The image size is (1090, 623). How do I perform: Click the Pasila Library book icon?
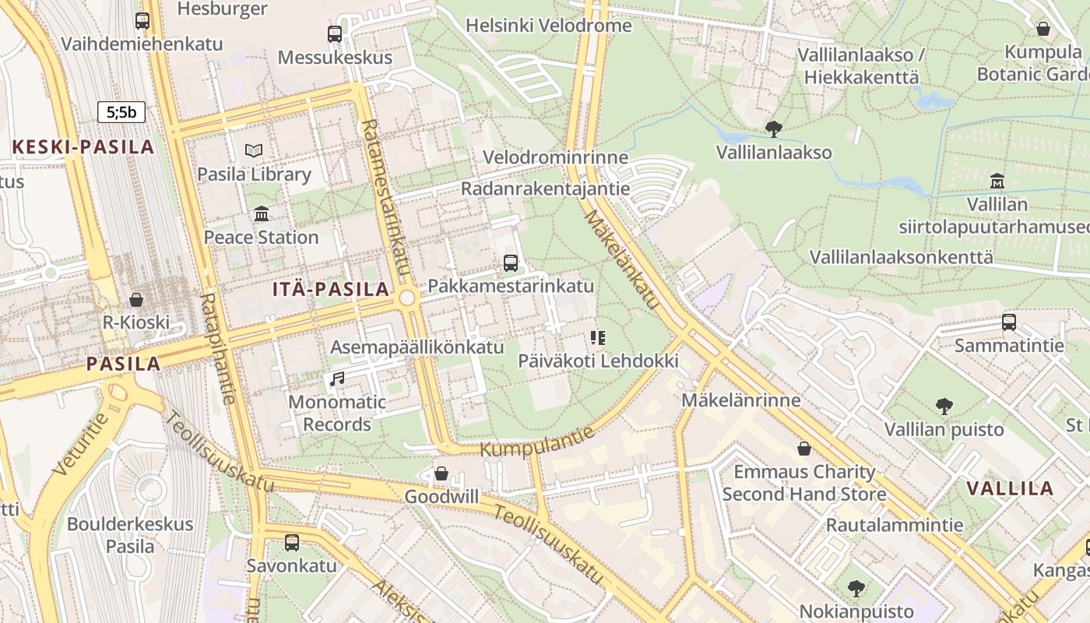pyautogui.click(x=254, y=150)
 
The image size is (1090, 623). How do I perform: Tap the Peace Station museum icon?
pyautogui.click(x=262, y=213)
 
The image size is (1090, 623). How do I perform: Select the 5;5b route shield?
pyautogui.click(x=121, y=112)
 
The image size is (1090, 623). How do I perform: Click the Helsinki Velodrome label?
pyautogui.click(x=549, y=26)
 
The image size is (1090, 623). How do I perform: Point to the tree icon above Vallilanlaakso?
pyautogui.click(x=773, y=128)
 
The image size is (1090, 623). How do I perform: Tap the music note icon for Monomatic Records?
pyautogui.click(x=337, y=379)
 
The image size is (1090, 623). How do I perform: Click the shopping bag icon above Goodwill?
pyautogui.click(x=441, y=473)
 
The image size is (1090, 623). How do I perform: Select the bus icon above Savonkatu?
pyautogui.click(x=292, y=542)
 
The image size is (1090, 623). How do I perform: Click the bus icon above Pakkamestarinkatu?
pyautogui.click(x=511, y=262)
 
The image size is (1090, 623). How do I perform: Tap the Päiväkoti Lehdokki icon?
pyautogui.click(x=598, y=338)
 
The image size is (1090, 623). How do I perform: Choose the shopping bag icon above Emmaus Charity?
pyautogui.click(x=804, y=449)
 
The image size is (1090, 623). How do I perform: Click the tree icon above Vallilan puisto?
pyautogui.click(x=944, y=406)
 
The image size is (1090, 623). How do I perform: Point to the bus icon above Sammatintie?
pyautogui.click(x=1009, y=322)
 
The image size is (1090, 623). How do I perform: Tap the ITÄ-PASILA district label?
pyautogui.click(x=331, y=290)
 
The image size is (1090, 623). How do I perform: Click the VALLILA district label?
pyautogui.click(x=1010, y=489)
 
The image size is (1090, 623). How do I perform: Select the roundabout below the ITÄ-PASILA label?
pyautogui.click(x=406, y=298)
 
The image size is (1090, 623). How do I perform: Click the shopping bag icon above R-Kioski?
pyautogui.click(x=136, y=300)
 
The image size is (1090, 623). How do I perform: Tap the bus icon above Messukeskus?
pyautogui.click(x=335, y=34)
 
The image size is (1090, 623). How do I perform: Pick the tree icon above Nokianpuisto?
pyautogui.click(x=856, y=588)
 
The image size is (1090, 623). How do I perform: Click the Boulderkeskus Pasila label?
pyautogui.click(x=130, y=534)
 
